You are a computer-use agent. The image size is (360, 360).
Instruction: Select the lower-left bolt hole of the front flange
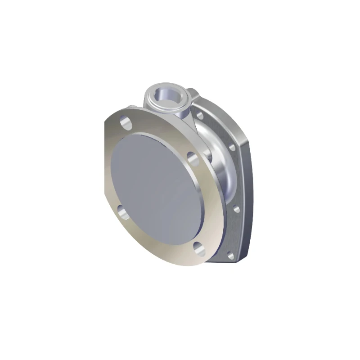coord(124,211)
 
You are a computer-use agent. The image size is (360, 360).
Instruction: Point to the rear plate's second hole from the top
coord(232,147)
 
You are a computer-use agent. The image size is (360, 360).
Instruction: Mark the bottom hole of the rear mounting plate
coord(230,256)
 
